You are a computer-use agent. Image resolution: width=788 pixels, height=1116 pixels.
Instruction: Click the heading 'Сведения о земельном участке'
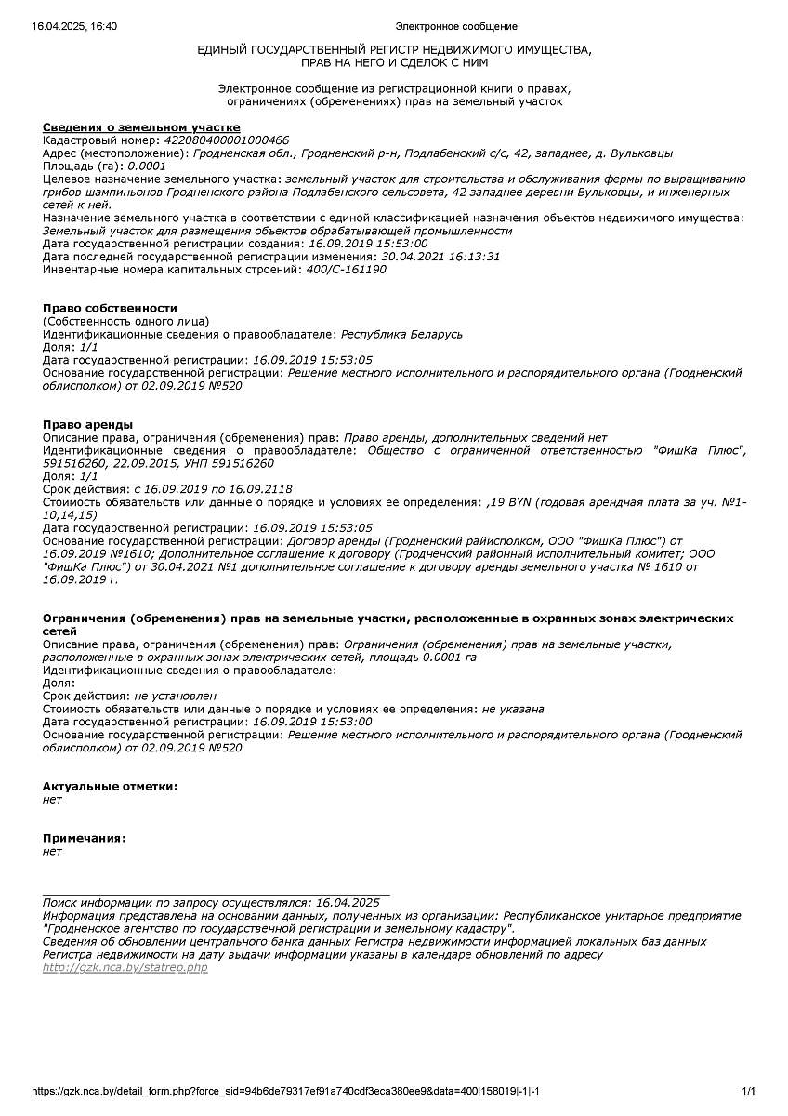[141, 127]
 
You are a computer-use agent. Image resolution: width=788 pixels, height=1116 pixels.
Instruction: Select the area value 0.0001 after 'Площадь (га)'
[147, 166]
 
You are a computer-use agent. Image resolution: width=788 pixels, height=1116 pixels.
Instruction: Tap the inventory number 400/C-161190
[346, 270]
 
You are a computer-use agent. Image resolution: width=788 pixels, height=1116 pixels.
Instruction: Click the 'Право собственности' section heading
[110, 308]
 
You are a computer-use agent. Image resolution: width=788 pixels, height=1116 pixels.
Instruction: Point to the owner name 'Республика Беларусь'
[401, 334]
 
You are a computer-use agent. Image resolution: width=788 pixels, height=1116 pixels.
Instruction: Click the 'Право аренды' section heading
[87, 424]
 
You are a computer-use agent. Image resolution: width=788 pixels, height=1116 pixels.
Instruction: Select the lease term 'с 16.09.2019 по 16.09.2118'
[213, 489]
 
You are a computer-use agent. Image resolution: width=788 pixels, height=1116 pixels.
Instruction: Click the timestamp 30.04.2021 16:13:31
[440, 257]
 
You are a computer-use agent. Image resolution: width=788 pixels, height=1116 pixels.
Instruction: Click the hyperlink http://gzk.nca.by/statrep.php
[125, 968]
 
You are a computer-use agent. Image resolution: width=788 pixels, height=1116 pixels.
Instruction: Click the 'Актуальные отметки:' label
[110, 786]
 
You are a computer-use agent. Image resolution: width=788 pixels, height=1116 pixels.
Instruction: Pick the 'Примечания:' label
[84, 838]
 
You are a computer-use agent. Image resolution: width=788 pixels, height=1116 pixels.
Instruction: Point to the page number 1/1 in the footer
[748, 1091]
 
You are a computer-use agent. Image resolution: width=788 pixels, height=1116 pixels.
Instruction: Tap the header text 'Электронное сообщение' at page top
[455, 26]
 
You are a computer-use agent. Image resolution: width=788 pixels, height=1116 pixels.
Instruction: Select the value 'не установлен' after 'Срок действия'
[176, 696]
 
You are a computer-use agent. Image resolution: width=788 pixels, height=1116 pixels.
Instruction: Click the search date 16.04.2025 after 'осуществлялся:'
[348, 903]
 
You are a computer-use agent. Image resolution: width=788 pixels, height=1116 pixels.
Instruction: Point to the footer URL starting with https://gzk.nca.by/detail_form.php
[286, 1091]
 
